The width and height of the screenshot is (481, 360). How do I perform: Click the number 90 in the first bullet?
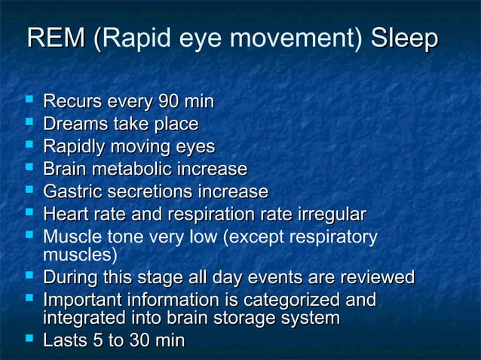167,102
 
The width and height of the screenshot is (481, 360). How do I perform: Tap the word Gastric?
73,192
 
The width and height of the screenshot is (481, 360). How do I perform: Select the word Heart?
66,215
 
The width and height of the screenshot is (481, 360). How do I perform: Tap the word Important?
83,301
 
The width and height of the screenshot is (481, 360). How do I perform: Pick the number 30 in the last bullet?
139,341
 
